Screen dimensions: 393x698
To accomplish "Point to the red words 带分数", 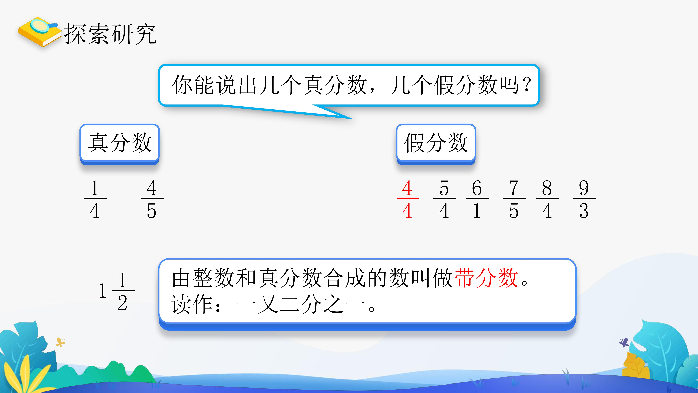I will [x=486, y=278].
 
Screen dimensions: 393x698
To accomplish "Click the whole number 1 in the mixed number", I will [x=102, y=291].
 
